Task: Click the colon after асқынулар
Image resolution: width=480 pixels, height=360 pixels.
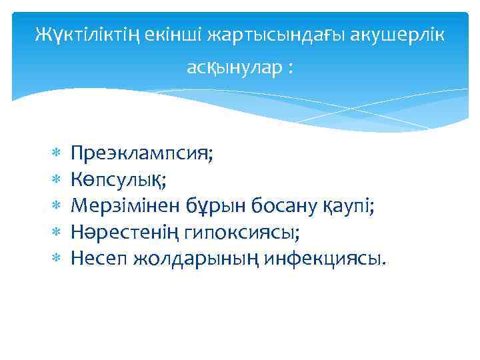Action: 290,69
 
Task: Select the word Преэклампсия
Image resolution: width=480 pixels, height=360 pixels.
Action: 142,154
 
